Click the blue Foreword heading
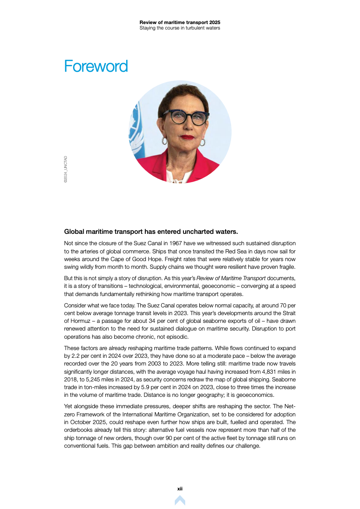click(96, 66)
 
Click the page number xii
click(180, 489)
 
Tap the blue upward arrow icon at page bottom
click(180, 500)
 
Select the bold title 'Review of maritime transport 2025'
click(180, 22)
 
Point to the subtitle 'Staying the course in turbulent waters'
click(180, 28)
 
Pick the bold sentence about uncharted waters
click(151, 231)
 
